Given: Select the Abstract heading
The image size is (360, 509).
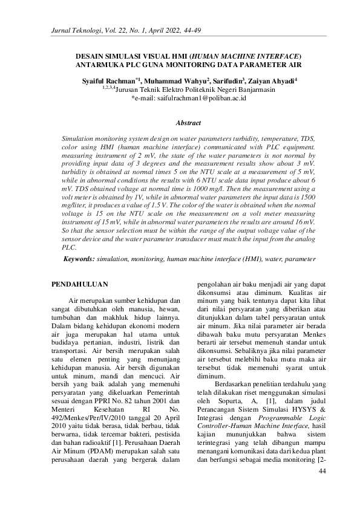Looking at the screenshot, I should [188, 123].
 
